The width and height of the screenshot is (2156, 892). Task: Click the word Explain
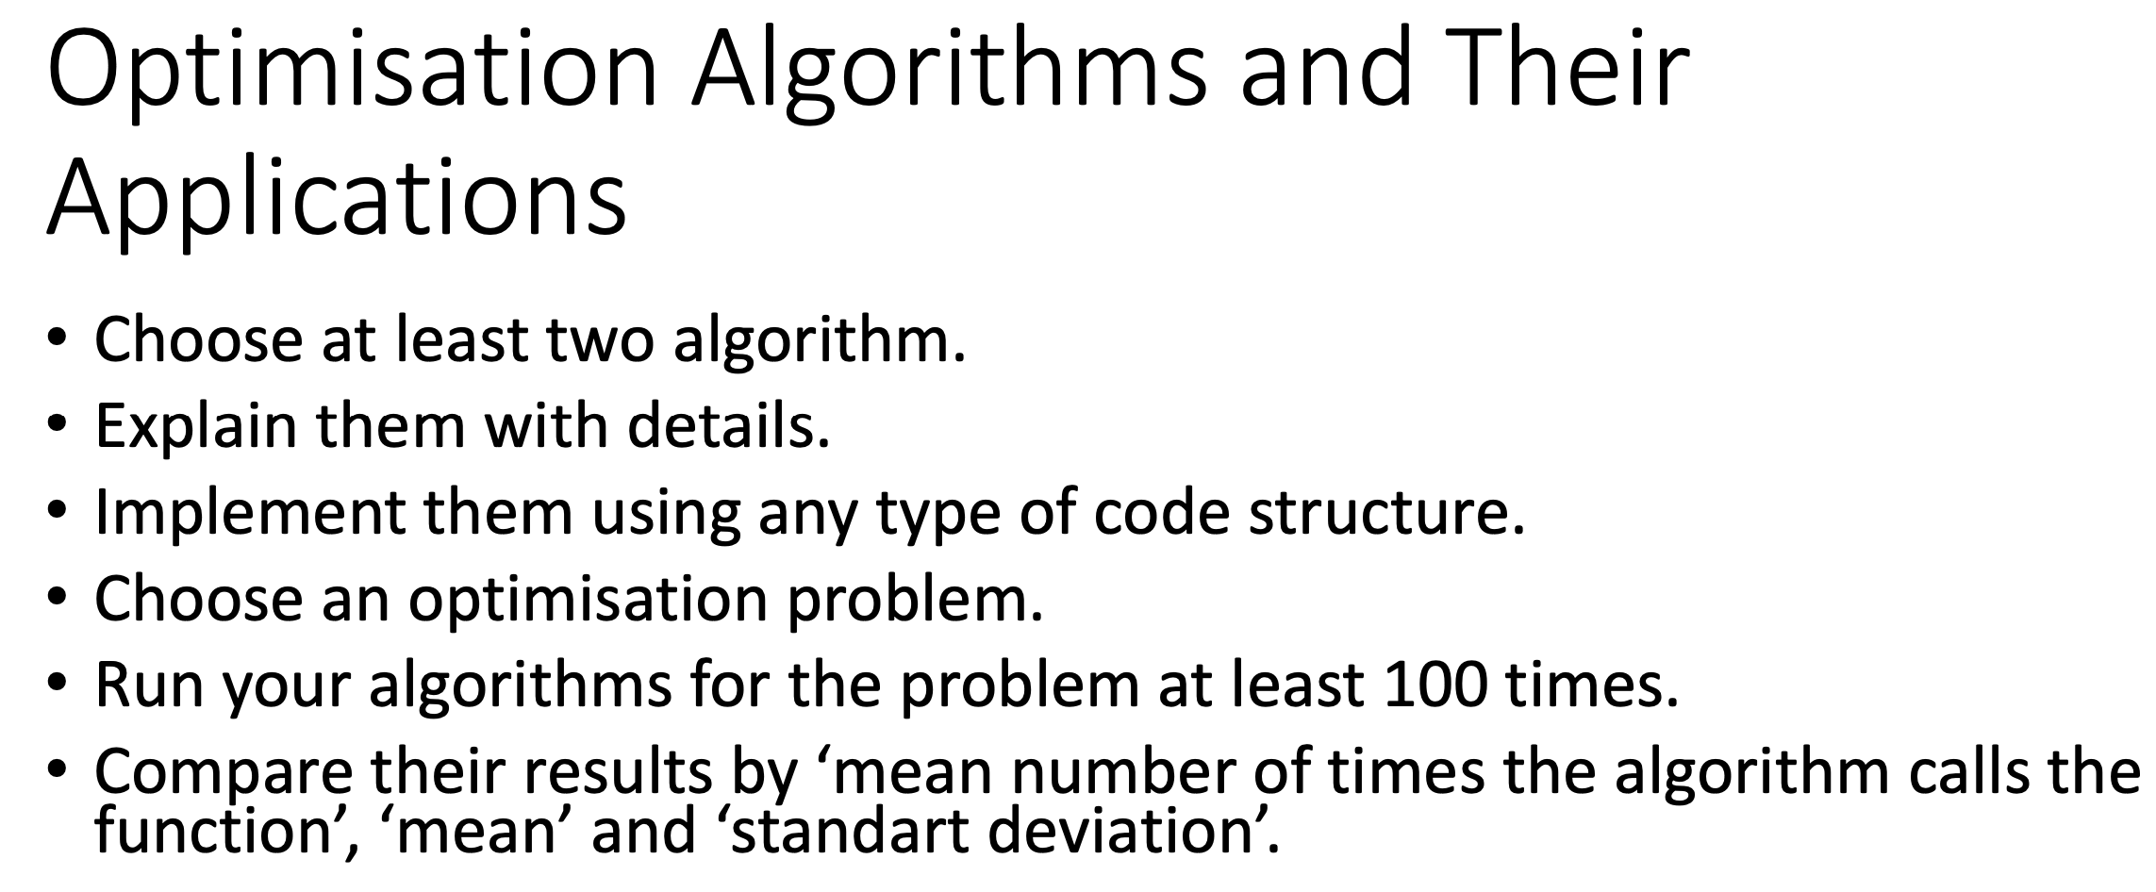click(196, 426)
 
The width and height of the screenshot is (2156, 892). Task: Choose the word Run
click(149, 685)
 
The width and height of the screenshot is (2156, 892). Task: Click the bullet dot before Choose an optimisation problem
click(58, 597)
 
